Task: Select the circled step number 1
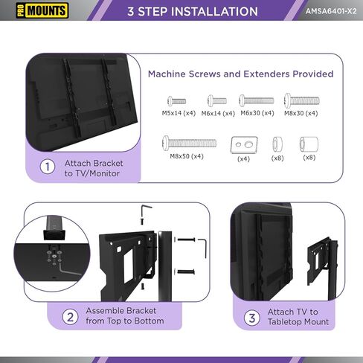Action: [x=48, y=167]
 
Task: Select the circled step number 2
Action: [x=69, y=318]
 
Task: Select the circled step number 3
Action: [x=252, y=318]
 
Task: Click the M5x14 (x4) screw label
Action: [x=179, y=113]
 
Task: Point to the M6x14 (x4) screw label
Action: [x=219, y=113]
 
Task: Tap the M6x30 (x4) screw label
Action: [x=257, y=113]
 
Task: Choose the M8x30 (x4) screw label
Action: [x=301, y=113]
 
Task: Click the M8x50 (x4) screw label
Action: [x=187, y=157]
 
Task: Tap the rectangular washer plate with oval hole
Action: [x=242, y=143]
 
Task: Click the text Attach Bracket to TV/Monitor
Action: [x=93, y=167]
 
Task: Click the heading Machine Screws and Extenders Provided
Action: [x=240, y=74]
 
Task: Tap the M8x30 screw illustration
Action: [x=301, y=100]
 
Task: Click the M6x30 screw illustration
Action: [x=257, y=100]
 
